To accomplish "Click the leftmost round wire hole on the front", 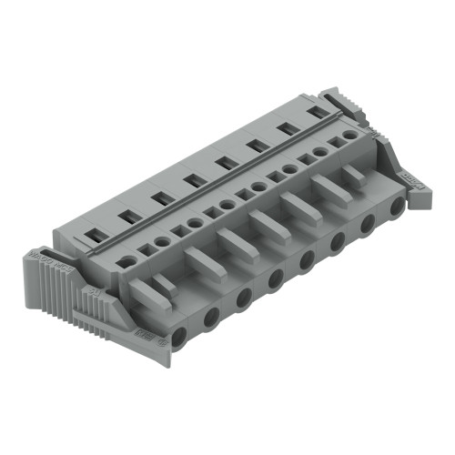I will [x=178, y=337].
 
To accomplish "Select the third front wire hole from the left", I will [x=244, y=298].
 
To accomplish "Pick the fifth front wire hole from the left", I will [x=307, y=260].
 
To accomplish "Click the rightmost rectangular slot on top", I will [x=318, y=112].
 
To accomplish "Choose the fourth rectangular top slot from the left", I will [x=191, y=180].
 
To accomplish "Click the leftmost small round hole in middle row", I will [x=128, y=260].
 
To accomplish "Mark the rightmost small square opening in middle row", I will [x=336, y=147].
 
